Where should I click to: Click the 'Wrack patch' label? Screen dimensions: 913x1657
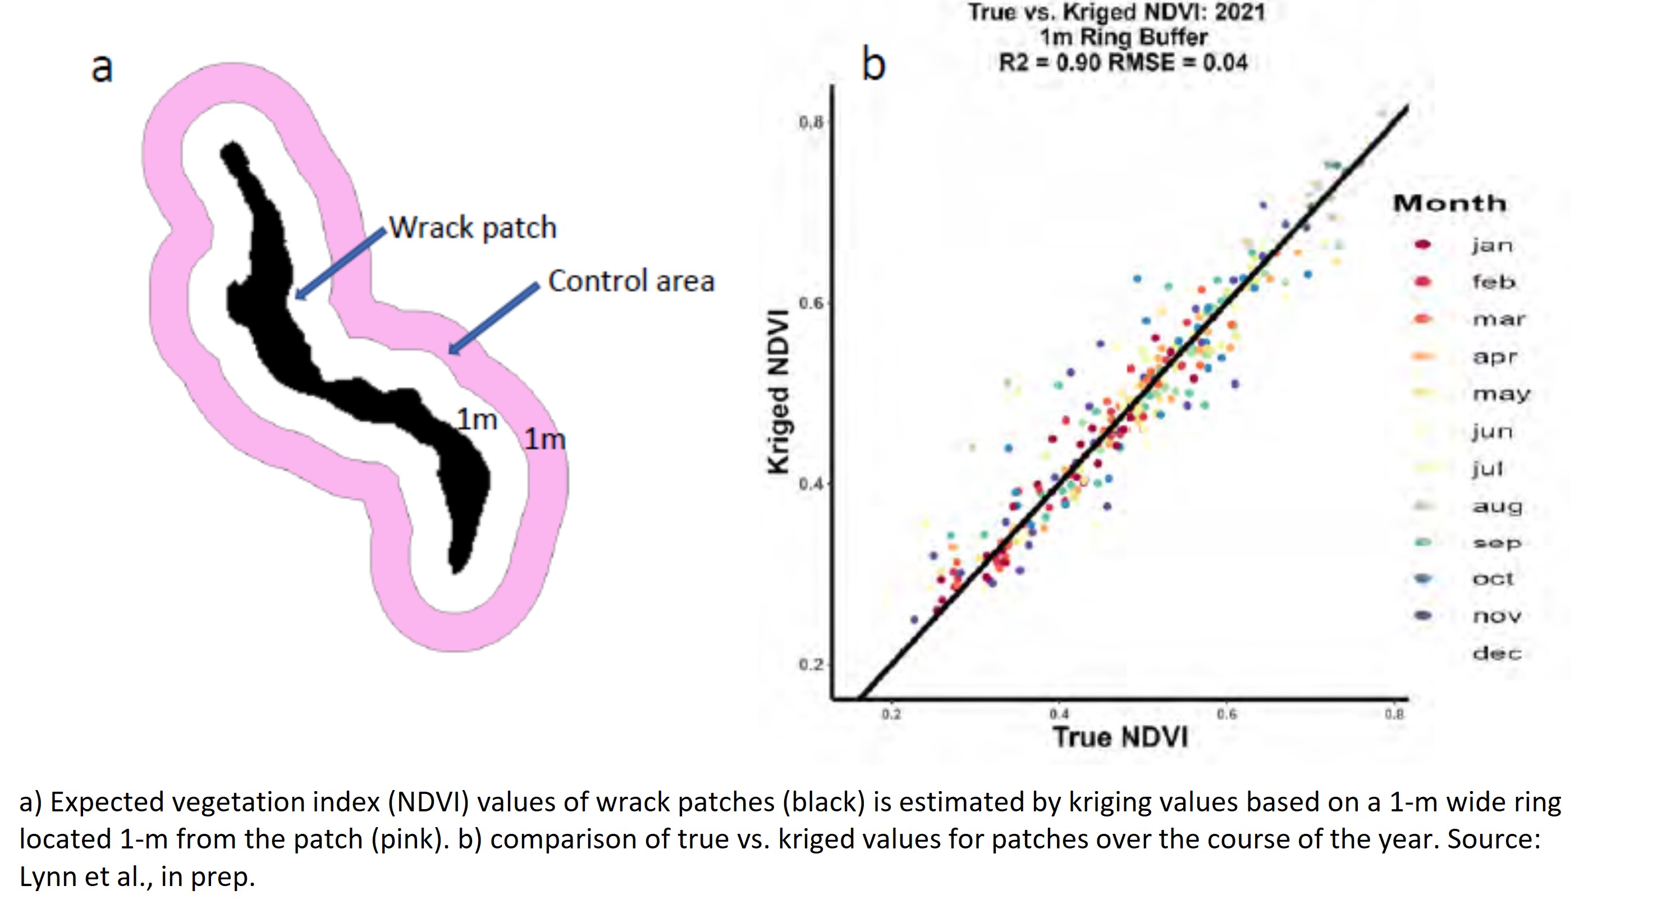(473, 228)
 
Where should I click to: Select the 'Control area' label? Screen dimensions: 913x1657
(631, 281)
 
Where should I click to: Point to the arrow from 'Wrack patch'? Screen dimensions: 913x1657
(341, 263)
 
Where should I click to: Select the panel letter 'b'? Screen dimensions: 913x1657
(873, 65)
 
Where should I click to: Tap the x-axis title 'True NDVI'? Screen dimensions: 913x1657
(1120, 737)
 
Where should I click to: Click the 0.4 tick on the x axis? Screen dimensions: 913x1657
(1059, 714)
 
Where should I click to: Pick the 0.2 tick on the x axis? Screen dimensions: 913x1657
(891, 714)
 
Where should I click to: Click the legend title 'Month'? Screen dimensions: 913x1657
(1450, 204)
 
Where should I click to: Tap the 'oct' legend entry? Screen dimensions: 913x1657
(1493, 579)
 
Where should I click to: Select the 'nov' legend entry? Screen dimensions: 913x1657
(1497, 617)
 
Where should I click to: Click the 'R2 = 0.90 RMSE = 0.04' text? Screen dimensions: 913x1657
(1123, 63)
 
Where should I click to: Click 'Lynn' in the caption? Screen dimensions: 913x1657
(47, 877)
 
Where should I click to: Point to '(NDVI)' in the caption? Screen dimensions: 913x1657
(428, 802)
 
